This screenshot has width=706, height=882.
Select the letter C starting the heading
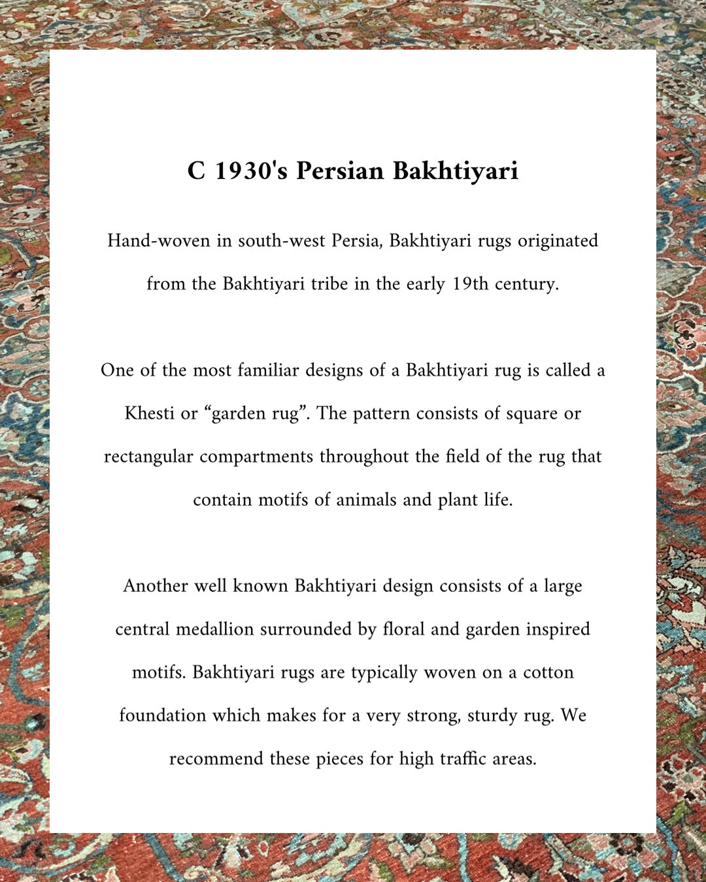tap(196, 171)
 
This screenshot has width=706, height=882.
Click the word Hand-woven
tap(160, 241)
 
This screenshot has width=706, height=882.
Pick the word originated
tap(558, 241)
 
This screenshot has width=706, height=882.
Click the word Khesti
tap(150, 414)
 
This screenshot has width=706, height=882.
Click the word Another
tap(156, 586)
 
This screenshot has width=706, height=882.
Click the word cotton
tap(548, 672)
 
